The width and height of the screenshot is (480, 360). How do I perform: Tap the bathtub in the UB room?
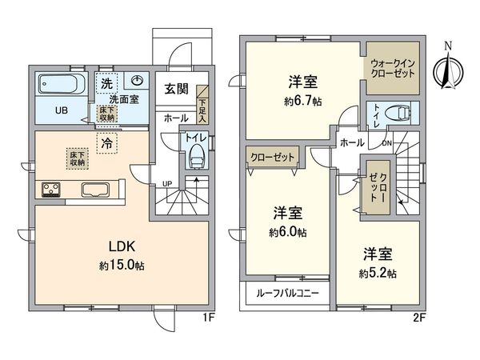tap(62, 83)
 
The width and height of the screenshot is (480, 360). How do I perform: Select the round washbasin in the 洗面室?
tap(137, 81)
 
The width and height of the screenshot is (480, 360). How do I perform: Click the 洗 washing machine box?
tap(106, 83)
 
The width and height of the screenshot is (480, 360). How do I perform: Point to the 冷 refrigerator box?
tap(107, 143)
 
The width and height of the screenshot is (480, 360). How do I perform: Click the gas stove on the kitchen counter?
tap(51, 190)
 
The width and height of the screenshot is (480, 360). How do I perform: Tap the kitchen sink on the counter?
tap(96, 189)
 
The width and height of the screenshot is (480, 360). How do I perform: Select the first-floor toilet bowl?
tap(196, 157)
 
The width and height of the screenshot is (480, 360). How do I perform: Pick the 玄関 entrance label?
tap(176, 89)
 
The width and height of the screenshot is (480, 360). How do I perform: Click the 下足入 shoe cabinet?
tap(202, 105)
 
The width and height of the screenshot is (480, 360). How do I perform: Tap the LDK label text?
tap(122, 246)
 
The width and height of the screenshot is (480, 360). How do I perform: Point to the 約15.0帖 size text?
tap(122, 266)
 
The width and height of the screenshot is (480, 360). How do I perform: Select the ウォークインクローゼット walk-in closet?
tap(393, 68)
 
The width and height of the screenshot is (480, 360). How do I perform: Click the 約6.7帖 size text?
tap(302, 102)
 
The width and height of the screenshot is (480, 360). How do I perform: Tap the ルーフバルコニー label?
tap(287, 294)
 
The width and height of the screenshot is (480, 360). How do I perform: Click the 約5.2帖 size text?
tap(378, 274)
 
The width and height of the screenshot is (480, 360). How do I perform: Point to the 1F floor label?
tap(208, 318)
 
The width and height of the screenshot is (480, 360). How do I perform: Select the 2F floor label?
tap(419, 318)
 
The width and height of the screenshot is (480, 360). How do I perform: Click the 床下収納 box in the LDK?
tap(78, 158)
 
